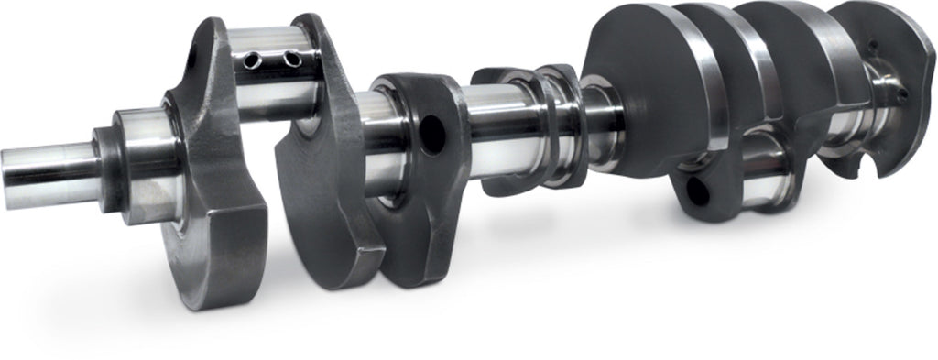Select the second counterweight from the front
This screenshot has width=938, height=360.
pyautogui.click(x=325, y=183)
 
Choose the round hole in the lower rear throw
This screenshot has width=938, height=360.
pyautogui.click(x=697, y=189)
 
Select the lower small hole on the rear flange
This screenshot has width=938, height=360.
pyautogui.click(x=903, y=92)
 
